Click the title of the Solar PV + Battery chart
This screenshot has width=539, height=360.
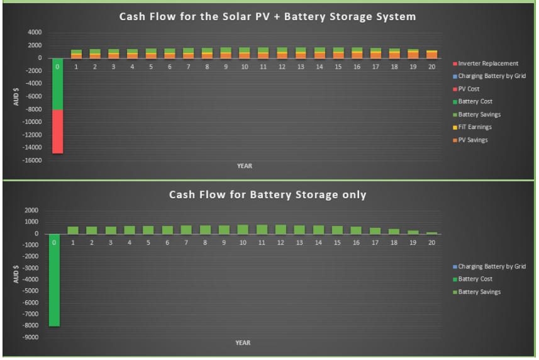pos(267,16)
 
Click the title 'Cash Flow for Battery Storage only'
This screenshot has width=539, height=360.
pos(267,194)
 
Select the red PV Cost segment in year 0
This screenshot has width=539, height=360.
pos(57,132)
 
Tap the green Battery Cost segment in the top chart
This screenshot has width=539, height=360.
pos(57,84)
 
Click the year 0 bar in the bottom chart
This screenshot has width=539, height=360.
pos(54,280)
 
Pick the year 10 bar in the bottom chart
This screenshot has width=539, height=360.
pos(243,229)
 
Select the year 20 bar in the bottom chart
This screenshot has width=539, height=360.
pos(431,233)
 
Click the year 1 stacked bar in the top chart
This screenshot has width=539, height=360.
pos(76,54)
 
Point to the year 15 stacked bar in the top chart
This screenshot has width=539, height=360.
pos(338,53)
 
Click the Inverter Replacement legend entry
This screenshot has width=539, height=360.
pos(486,64)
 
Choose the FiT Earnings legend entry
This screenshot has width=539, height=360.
pos(472,127)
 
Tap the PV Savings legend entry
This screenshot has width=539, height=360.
pos(470,140)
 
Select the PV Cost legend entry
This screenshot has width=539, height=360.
pos(466,89)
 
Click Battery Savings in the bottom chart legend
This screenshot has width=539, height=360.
pos(477,292)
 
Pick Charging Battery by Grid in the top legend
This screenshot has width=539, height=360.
pos(489,76)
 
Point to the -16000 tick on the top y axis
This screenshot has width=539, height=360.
pos(31,160)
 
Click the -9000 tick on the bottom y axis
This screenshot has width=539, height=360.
pos(30,337)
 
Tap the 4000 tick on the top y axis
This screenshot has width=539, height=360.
pos(35,32)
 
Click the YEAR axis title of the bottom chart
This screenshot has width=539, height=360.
pos(243,343)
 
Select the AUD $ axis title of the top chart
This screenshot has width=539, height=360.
pos(16,97)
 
